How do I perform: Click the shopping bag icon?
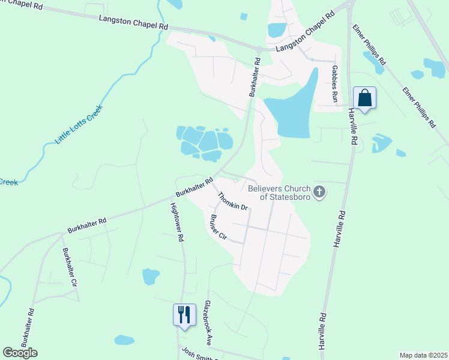pyautogui.click(x=364, y=98)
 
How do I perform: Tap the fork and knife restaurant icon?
pyautogui.click(x=184, y=314)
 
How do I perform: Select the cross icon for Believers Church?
pyautogui.click(x=319, y=193)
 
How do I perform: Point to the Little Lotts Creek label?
pyautogui.click(x=79, y=124)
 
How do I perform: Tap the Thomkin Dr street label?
pyautogui.click(x=232, y=201)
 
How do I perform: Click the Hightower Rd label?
pyautogui.click(x=176, y=221)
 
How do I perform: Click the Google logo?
pyautogui.click(x=20, y=353)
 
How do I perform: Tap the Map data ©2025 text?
pyautogui.click(x=423, y=355)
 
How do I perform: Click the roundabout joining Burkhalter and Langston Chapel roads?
pyautogui.click(x=258, y=50)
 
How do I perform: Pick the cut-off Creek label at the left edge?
pyautogui.click(x=8, y=181)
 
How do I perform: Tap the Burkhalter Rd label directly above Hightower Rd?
pyautogui.click(x=194, y=187)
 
